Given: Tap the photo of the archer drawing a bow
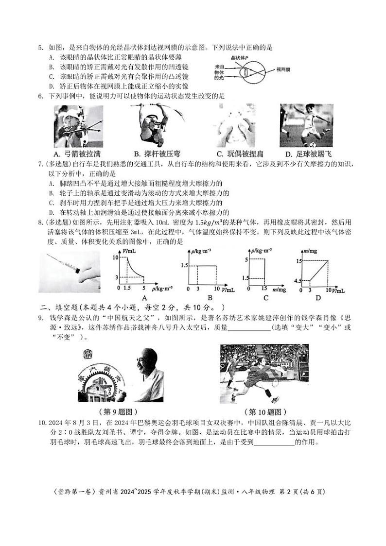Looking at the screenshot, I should (78, 126).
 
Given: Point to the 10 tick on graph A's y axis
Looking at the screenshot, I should (115, 256).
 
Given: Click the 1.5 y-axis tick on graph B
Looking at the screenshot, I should (184, 266).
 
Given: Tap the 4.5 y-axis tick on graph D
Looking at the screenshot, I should (298, 281).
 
